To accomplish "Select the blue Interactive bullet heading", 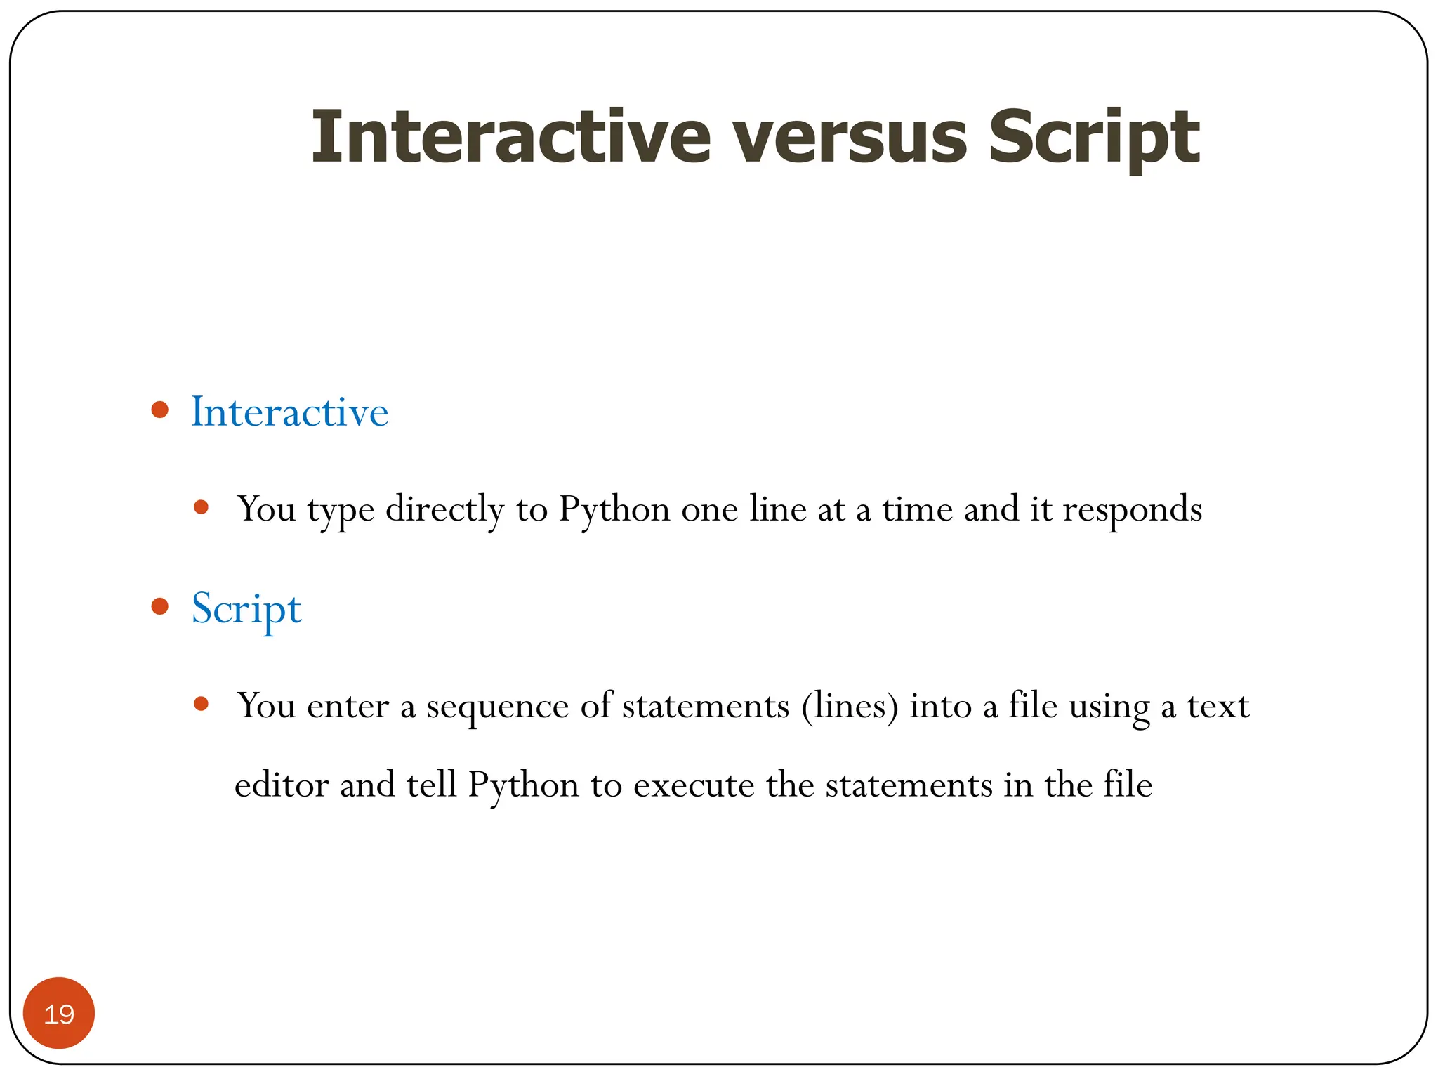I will (x=289, y=412).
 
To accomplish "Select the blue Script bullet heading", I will (x=246, y=608).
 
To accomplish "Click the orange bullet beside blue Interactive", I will (x=160, y=410).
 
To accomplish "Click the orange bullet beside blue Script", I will (x=160, y=606).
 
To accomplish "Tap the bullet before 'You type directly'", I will (x=202, y=507).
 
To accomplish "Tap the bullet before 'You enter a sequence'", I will (x=202, y=704).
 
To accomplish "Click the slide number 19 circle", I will (x=59, y=1013).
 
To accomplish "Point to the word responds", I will (x=1132, y=510).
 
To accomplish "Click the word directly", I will (x=444, y=510).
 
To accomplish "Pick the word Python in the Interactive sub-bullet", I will (x=614, y=510).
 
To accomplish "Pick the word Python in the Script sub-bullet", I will (x=523, y=785).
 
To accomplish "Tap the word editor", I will (x=282, y=785).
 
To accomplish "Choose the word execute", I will (x=694, y=785).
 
